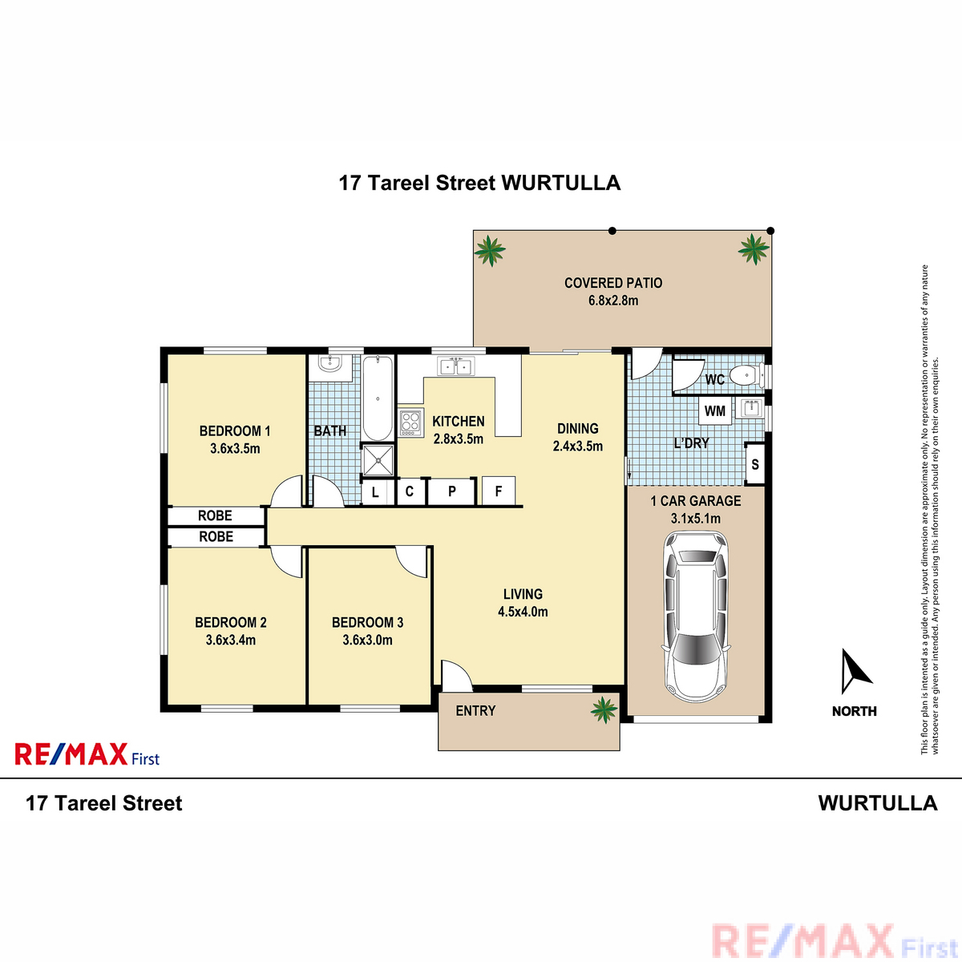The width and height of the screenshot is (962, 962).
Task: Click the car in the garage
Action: click(695, 615)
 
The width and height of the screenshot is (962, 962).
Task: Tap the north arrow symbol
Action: click(855, 671)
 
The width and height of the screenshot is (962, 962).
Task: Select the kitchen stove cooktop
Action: click(411, 422)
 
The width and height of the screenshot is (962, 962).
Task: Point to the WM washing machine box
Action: click(715, 411)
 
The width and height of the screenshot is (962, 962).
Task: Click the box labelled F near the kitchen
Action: click(498, 491)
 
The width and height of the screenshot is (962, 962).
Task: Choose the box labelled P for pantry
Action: click(452, 491)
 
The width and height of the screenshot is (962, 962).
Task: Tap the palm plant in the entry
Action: click(604, 709)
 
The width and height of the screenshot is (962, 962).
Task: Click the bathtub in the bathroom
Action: click(378, 398)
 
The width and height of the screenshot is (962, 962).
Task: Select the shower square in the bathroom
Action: click(378, 460)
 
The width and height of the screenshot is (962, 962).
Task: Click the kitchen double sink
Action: click(456, 366)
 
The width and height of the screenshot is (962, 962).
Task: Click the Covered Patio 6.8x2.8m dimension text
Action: click(613, 301)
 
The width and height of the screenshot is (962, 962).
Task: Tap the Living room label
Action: click(523, 594)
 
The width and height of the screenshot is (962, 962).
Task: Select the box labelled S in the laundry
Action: click(755, 464)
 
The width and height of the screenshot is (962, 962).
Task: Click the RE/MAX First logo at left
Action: click(87, 754)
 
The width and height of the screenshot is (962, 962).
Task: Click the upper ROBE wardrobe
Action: click(215, 515)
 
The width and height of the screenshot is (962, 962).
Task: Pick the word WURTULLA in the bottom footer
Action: click(878, 803)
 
